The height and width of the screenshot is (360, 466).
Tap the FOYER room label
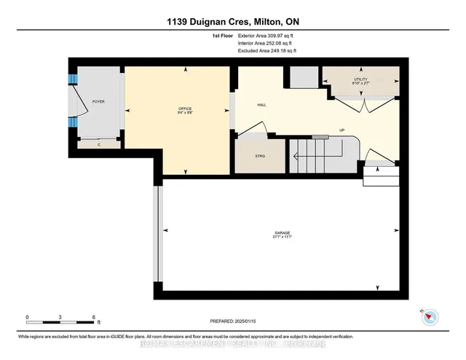click(98, 102)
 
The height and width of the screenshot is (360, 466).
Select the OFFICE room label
click(184, 108)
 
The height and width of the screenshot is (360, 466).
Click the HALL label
click(261, 105)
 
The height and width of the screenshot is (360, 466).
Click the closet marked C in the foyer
click(99, 144)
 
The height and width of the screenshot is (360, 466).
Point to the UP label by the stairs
click(341, 130)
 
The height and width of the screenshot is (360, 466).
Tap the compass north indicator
click(430, 316)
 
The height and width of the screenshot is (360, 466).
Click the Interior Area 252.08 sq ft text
click(268, 43)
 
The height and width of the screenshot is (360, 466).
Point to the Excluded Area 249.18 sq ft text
click(268, 51)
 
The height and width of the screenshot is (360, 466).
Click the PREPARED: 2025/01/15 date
click(232, 321)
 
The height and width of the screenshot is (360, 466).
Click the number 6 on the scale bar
click(93, 317)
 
